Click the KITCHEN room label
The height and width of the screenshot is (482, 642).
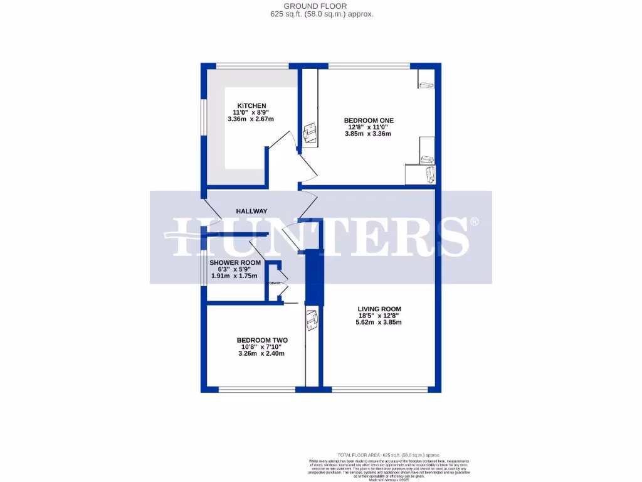251,105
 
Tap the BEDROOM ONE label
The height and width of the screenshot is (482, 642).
369,120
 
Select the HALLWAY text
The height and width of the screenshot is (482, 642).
252,212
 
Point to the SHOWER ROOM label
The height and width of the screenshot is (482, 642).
234,262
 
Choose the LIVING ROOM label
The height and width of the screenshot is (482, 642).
379,309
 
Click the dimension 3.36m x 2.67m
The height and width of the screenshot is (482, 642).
251,119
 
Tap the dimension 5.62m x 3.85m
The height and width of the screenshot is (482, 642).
379,323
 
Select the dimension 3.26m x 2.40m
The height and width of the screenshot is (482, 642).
261,353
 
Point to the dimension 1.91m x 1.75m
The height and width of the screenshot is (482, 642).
234,276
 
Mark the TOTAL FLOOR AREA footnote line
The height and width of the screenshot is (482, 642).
389,455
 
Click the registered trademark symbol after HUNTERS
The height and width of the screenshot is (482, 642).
475,222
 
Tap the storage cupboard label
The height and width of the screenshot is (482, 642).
274,283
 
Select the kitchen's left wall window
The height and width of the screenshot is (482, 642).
203,116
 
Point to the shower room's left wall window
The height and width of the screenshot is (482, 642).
203,269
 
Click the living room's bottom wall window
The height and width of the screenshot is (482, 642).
376,389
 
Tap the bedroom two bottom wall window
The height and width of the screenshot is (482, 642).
256,389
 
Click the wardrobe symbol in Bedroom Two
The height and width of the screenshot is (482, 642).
312,321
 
